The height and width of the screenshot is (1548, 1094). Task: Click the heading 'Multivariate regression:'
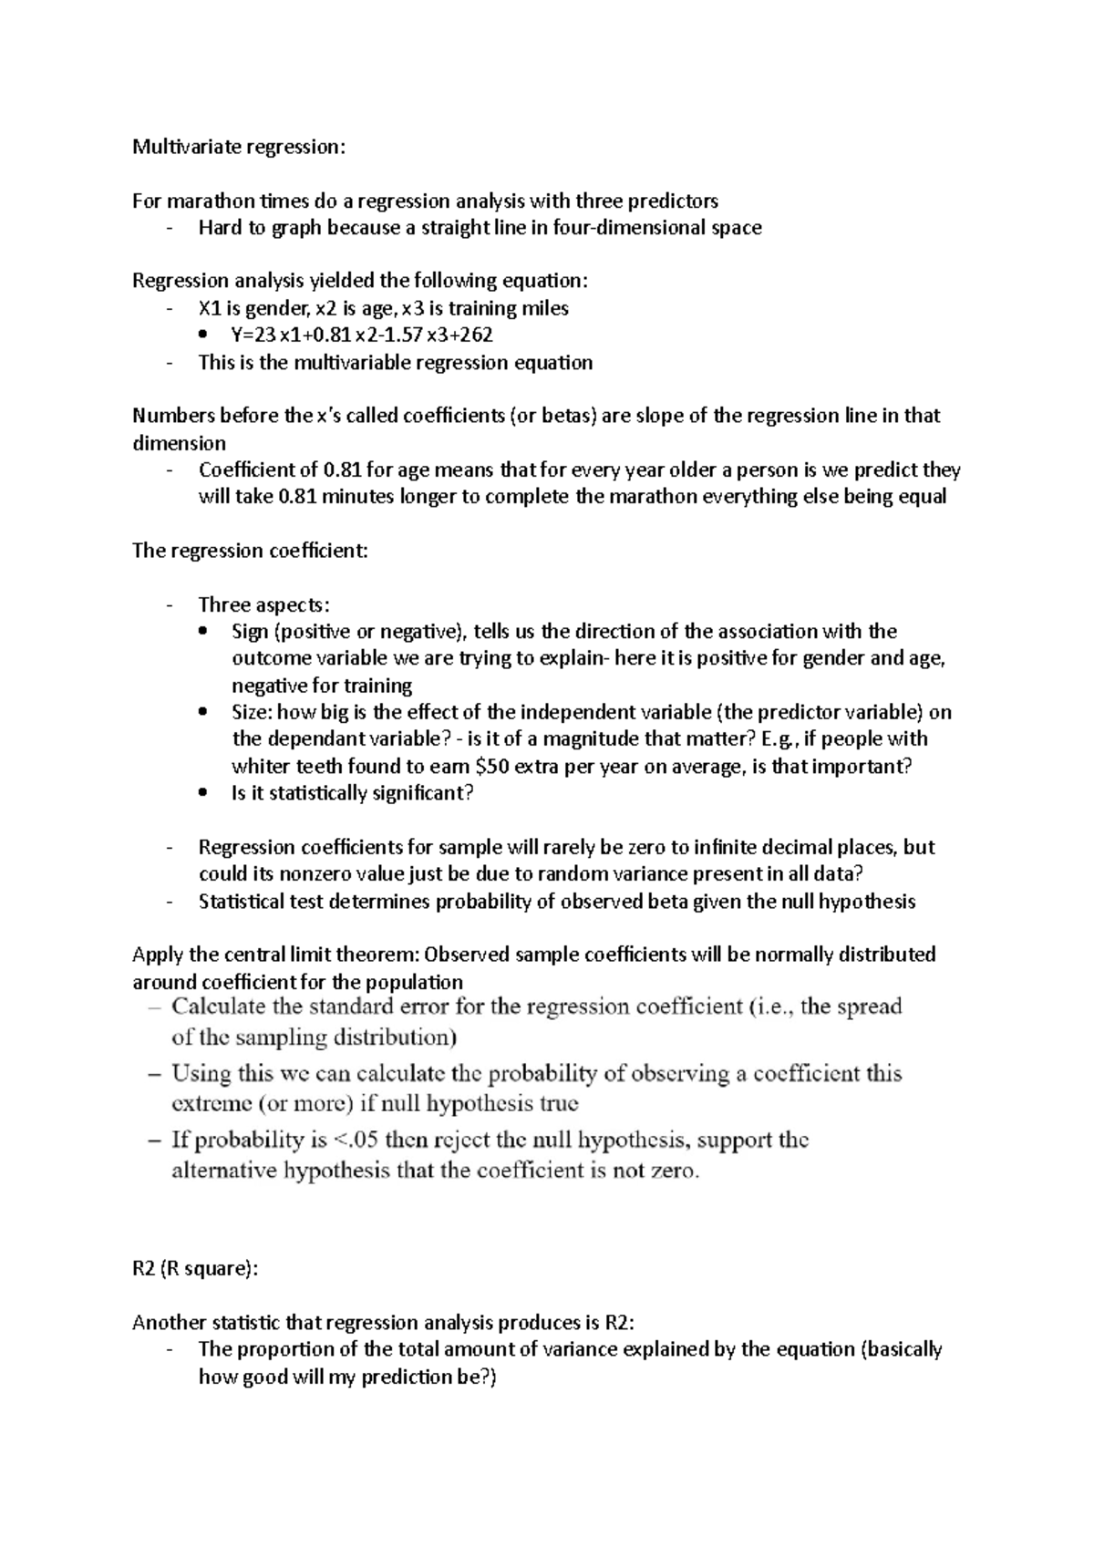(x=239, y=147)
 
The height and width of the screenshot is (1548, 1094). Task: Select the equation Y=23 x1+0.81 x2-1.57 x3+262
(x=362, y=335)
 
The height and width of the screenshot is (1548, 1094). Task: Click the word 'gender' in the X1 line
(x=281, y=308)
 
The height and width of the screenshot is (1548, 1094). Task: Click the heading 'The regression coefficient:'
(x=250, y=551)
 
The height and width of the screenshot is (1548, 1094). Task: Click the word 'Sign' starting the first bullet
(x=250, y=632)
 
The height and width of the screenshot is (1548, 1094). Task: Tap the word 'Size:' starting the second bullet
(x=252, y=712)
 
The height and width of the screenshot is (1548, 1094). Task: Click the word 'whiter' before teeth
(x=260, y=767)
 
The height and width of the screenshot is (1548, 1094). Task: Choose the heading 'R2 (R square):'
(x=195, y=1269)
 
